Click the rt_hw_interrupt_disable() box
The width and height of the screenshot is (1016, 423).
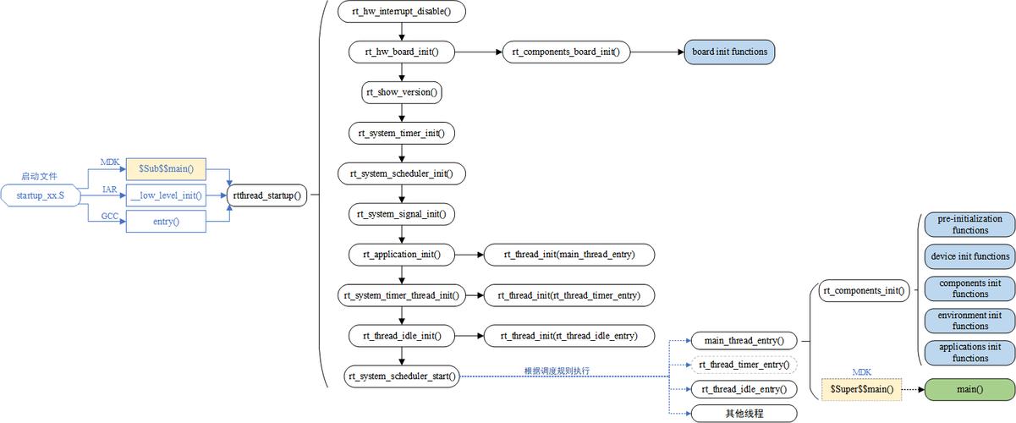click(402, 12)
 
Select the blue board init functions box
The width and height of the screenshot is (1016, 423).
click(729, 52)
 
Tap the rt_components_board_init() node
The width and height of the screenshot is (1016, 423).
click(566, 52)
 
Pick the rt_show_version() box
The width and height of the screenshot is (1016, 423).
click(402, 92)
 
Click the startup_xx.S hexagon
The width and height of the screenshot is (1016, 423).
click(40, 196)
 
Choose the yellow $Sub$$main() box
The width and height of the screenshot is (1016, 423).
click(166, 169)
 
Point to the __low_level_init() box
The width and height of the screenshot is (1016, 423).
click(166, 195)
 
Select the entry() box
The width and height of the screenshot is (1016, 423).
click(166, 222)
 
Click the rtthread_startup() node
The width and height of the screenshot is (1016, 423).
click(266, 195)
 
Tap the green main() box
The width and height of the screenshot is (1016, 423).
click(969, 389)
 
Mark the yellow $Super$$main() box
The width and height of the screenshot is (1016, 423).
click(861, 389)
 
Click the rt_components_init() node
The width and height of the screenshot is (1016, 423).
click(864, 291)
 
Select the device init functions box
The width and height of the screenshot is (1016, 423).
click(969, 256)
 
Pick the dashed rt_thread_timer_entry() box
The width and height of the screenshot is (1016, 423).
click(744, 365)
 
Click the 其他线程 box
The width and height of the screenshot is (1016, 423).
click(744, 414)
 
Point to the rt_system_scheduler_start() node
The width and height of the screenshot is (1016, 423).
click(402, 376)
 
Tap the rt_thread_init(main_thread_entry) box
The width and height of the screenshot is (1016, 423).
click(568, 254)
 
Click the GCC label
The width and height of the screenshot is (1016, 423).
click(109, 216)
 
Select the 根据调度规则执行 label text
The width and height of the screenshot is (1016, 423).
click(557, 371)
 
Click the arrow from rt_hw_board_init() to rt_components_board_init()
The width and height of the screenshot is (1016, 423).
click(479, 52)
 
